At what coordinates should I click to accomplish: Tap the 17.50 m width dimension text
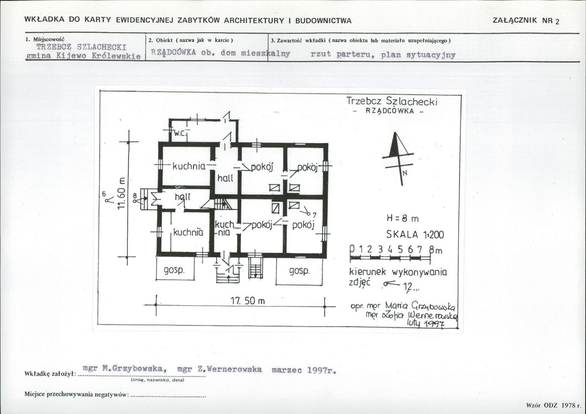click(x=247, y=301)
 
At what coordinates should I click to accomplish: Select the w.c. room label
click(x=180, y=132)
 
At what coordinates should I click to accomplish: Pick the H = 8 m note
click(x=402, y=218)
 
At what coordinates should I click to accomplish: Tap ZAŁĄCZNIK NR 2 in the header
click(x=527, y=21)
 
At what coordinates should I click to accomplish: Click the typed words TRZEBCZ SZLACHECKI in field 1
click(x=82, y=47)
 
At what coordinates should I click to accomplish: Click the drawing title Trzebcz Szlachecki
click(x=391, y=101)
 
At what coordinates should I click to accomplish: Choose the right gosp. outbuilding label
click(x=299, y=270)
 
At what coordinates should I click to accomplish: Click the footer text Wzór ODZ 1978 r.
click(x=551, y=405)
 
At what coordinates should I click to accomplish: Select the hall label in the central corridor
click(x=225, y=178)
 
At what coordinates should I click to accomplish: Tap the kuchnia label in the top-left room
click(x=188, y=166)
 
